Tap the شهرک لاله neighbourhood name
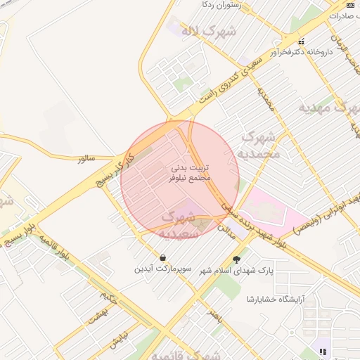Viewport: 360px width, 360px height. click(x=207, y=32)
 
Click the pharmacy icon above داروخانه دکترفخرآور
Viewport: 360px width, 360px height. click(x=302, y=40)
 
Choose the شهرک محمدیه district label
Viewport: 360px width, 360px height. click(x=261, y=144)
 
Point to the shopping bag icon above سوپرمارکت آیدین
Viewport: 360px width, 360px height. click(x=163, y=257)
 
